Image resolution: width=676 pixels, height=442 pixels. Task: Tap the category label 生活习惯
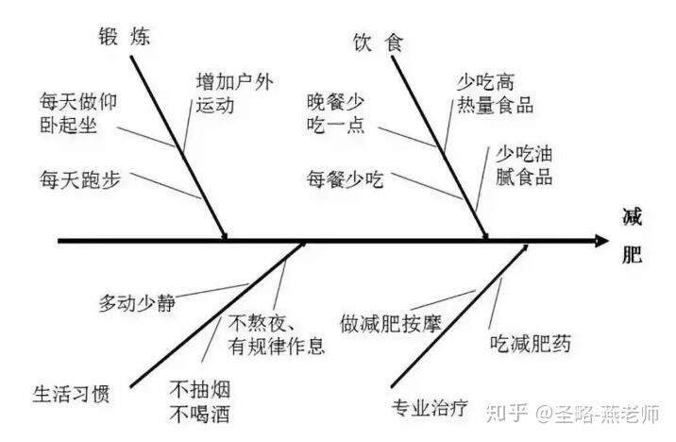pyautogui.click(x=72, y=392)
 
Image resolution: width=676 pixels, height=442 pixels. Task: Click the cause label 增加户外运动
pyautogui.click(x=233, y=93)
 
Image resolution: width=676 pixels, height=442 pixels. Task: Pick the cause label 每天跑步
pyautogui.click(x=80, y=178)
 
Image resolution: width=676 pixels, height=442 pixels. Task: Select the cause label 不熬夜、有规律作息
pyautogui.click(x=276, y=334)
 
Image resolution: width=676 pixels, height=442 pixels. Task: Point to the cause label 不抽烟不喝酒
pyautogui.click(x=200, y=401)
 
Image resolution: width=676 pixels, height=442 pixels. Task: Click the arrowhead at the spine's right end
pyautogui.click(x=601, y=242)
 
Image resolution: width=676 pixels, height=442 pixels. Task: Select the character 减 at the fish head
pyautogui.click(x=633, y=217)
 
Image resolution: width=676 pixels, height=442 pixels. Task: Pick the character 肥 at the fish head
pyautogui.click(x=633, y=258)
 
